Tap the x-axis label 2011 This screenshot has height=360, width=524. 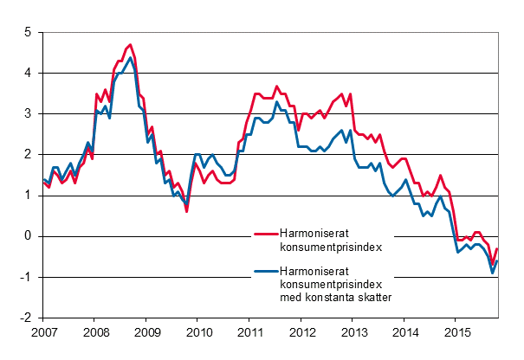250,331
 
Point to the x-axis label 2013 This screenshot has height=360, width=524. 354,331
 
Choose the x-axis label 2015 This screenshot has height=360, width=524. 457,331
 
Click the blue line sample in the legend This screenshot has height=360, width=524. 264,273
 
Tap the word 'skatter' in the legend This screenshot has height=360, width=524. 373,298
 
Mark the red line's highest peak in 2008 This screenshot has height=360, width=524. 130,44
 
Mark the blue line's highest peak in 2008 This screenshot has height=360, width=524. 130,58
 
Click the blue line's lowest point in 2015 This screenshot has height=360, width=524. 493,273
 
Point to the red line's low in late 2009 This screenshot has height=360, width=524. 186,210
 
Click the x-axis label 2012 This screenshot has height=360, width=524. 302,331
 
